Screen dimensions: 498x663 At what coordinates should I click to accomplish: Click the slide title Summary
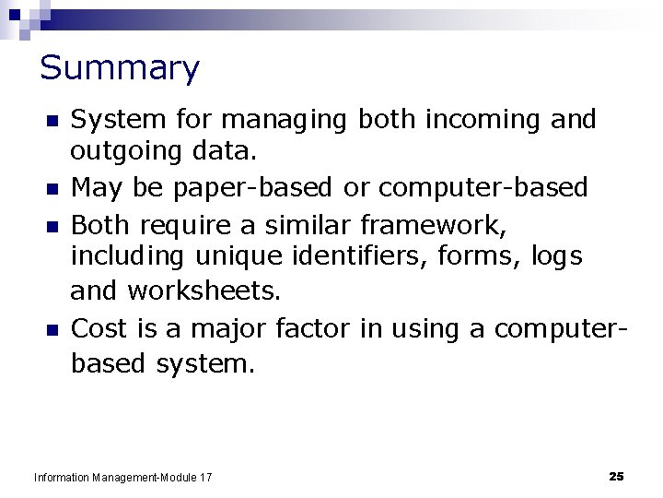pyautogui.click(x=120, y=68)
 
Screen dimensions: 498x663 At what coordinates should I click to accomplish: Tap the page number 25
pyautogui.click(x=616, y=476)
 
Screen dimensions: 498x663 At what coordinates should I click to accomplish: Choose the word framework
pyautogui.click(x=433, y=223)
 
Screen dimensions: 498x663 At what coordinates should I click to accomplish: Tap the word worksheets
pyautogui.click(x=204, y=291)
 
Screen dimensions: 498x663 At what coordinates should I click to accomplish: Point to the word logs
pyautogui.click(x=556, y=257)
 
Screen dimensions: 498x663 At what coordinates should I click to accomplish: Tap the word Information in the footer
pyautogui.click(x=61, y=478)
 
